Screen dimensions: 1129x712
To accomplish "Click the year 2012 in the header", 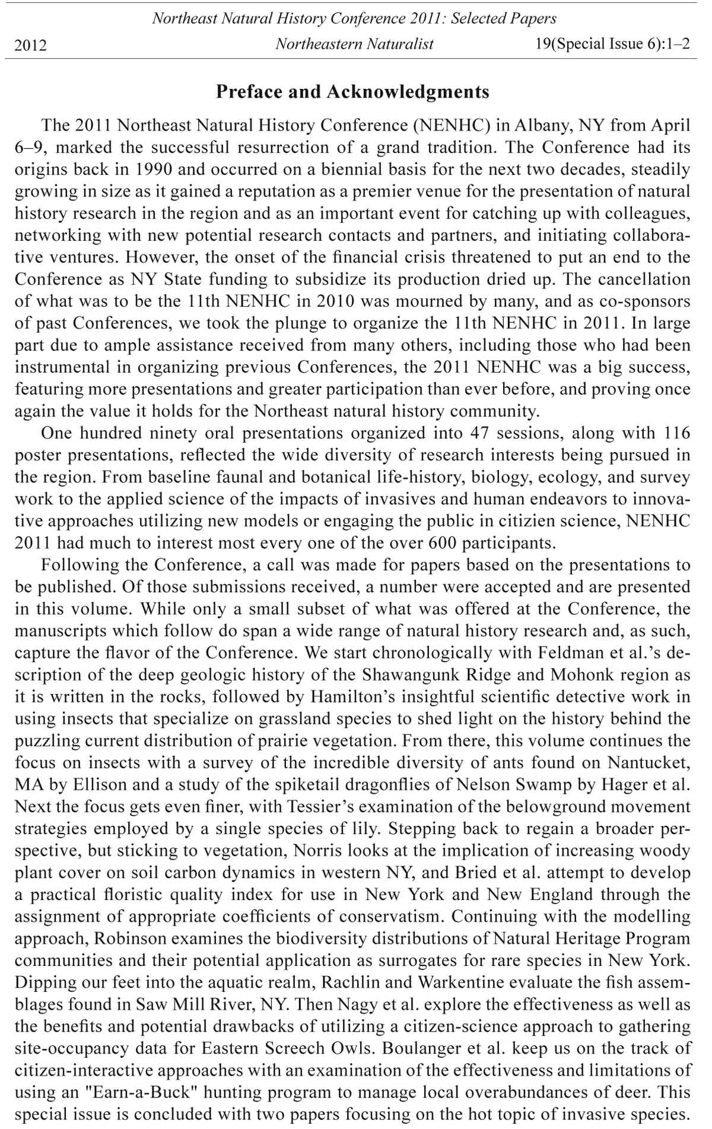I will click(31, 45).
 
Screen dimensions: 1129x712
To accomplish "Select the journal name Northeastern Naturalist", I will click(354, 44).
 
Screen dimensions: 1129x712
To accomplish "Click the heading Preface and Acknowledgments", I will click(352, 92).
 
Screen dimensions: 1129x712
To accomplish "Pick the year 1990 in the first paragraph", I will click(152, 170).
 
